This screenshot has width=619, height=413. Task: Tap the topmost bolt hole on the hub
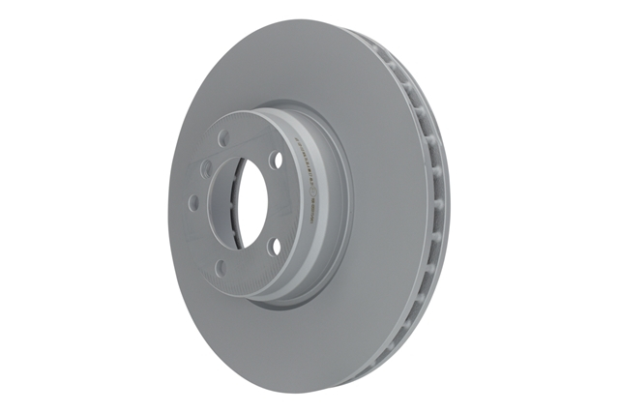pos(224,138)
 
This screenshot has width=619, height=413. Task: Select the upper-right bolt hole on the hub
pos(277,159)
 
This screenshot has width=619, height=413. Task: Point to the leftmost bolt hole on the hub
pos(193,203)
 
